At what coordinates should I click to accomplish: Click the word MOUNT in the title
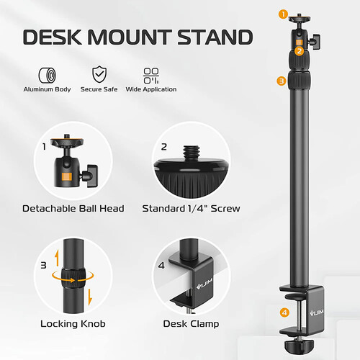(131, 37)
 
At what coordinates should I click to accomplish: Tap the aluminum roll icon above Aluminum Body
(48, 75)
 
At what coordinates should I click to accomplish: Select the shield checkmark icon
(99, 74)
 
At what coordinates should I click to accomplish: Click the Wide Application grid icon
(151, 76)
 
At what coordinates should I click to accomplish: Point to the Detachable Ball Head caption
(73, 208)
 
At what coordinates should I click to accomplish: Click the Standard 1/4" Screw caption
(191, 208)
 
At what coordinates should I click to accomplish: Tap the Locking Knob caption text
(73, 324)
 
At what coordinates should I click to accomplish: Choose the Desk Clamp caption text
(191, 324)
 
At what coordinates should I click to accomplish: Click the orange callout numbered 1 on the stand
(284, 14)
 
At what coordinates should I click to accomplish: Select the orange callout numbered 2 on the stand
(300, 51)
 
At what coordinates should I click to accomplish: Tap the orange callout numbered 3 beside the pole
(282, 81)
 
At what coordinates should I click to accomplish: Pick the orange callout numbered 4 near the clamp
(284, 312)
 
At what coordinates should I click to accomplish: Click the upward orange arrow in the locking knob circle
(57, 258)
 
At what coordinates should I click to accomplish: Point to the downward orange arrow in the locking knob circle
(90, 297)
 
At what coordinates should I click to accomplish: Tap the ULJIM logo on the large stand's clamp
(317, 312)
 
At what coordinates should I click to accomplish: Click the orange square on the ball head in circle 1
(67, 176)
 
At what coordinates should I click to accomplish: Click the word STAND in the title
(215, 37)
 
